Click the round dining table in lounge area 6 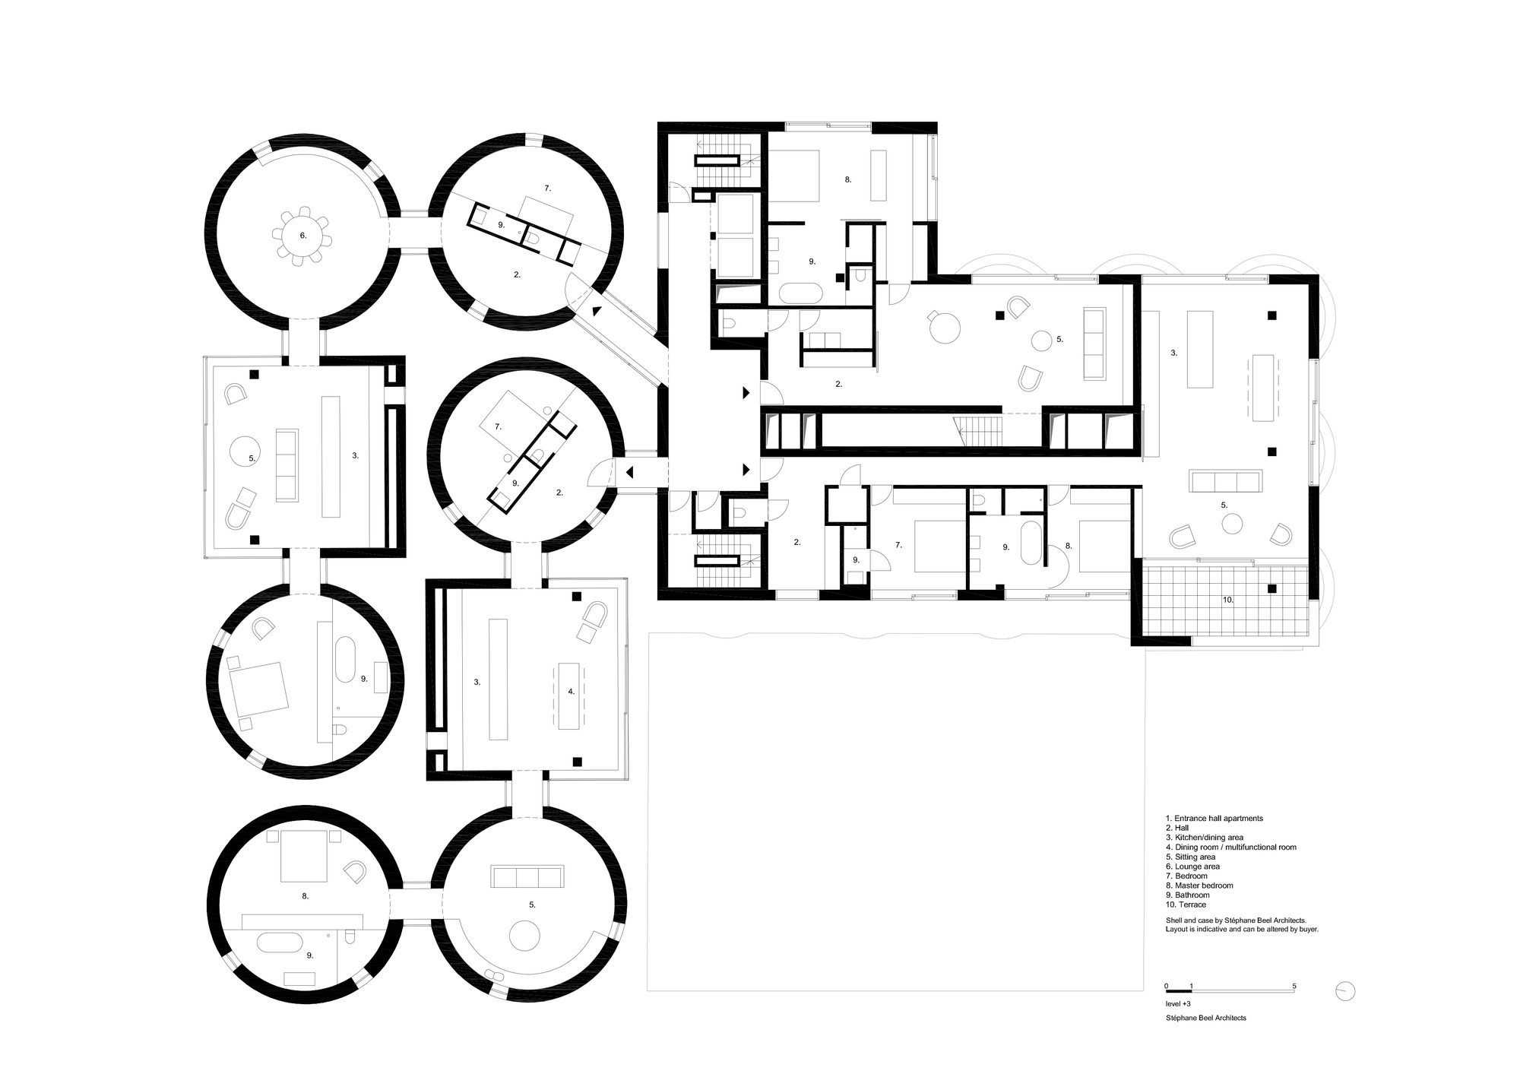tap(303, 236)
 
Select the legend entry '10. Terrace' tap(1186, 905)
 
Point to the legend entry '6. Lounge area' tap(1192, 866)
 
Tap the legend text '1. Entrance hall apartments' tap(1214, 819)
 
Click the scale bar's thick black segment tap(1179, 992)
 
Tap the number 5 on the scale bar tap(1294, 987)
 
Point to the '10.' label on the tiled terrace tap(1228, 600)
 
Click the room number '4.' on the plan tap(572, 692)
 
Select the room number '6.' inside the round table tap(303, 236)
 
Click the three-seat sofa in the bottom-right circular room tap(528, 876)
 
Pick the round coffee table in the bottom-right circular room tap(524, 935)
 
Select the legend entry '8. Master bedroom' tap(1199, 885)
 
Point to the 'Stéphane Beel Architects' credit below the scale tap(1205, 1018)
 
